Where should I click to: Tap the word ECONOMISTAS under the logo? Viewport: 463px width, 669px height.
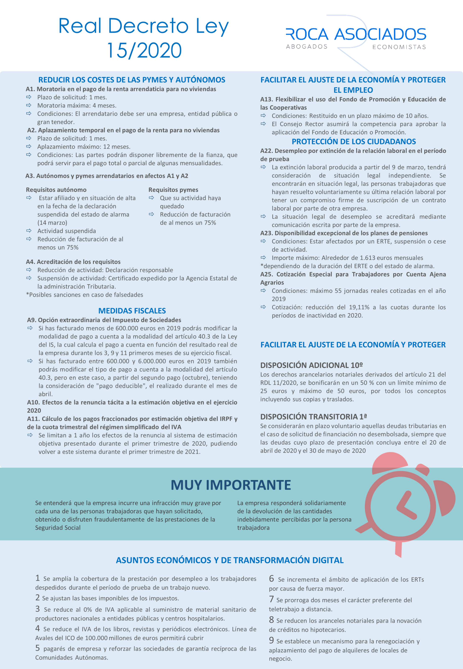pyautogui.click(x=399, y=47)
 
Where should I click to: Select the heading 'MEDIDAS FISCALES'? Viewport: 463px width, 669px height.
pyautogui.click(x=132, y=311)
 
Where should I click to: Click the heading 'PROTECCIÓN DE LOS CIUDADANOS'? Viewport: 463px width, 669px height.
pyautogui.click(x=354, y=141)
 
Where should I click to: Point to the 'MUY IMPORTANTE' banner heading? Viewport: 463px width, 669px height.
pyautogui.click(x=231, y=485)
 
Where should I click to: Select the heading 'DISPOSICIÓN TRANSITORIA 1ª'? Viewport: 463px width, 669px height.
pyautogui.click(x=313, y=417)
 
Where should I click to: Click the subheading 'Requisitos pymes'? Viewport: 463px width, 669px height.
pyautogui.click(x=173, y=190)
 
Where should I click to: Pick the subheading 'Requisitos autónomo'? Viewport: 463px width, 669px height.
pyautogui.click(x=56, y=190)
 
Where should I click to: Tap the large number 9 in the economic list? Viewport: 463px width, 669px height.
pyautogui.click(x=271, y=640)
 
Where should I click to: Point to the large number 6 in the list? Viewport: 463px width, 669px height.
pyautogui.click(x=271, y=579)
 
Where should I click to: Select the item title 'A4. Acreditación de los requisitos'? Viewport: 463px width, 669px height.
pyautogui.click(x=73, y=262)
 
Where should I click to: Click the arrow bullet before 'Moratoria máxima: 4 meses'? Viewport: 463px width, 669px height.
pyautogui.click(x=29, y=105)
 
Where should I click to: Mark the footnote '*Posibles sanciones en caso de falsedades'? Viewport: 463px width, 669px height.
pyautogui.click(x=85, y=295)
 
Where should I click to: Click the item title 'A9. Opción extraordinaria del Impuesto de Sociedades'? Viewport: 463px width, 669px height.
pyautogui.click(x=104, y=320)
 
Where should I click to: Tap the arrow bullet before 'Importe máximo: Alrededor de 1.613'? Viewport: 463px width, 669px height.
pyautogui.click(x=263, y=258)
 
